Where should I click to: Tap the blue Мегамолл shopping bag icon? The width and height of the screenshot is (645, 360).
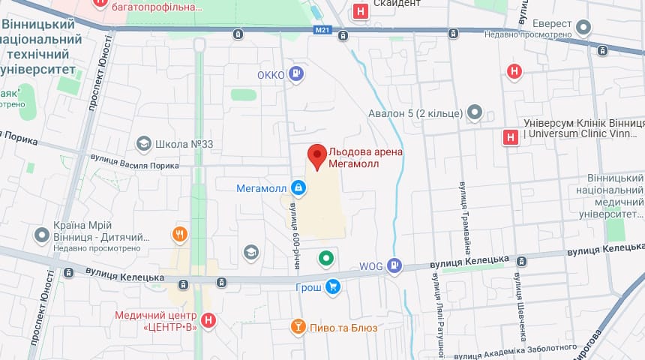click(298, 187)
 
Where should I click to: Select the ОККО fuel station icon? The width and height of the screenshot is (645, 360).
click(296, 73)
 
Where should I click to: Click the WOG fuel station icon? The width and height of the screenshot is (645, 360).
click(394, 265)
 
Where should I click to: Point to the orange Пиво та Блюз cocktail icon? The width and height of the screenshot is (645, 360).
click(298, 326)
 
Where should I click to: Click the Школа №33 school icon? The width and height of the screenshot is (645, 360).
click(143, 143)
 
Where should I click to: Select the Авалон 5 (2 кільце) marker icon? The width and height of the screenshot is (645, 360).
click(474, 113)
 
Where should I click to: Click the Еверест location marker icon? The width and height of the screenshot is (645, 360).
click(583, 28)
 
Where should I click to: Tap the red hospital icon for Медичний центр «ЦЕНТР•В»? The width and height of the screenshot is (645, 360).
click(209, 320)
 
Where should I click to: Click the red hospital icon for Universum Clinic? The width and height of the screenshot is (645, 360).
click(510, 137)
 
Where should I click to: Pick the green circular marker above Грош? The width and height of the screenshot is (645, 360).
click(325, 259)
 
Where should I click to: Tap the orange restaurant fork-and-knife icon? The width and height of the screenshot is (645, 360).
click(179, 233)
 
